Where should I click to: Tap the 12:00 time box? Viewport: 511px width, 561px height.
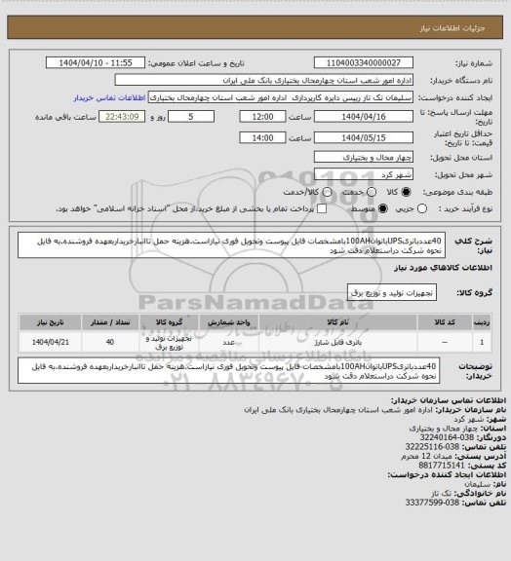260,115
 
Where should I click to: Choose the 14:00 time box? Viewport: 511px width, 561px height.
260,137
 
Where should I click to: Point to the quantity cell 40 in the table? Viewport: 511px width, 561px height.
109,342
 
